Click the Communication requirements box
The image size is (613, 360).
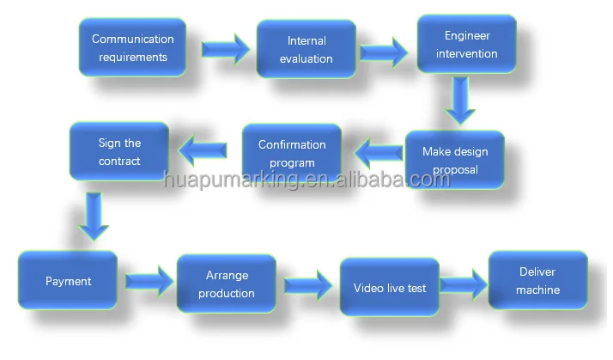pyautogui.click(x=132, y=48)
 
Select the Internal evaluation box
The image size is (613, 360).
pyautogui.click(x=306, y=49)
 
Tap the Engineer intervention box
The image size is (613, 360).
pyautogui.click(x=466, y=44)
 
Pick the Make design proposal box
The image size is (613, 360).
pyautogui.click(x=454, y=160)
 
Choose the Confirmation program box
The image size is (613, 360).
pyautogui.click(x=292, y=154)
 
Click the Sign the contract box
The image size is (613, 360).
pyautogui.click(x=118, y=152)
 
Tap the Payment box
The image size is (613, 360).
pyautogui.click(x=68, y=281)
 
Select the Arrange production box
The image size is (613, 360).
pyautogui.click(x=226, y=284)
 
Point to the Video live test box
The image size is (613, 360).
pyautogui.click(x=390, y=287)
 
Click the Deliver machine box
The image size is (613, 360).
pyautogui.click(x=537, y=281)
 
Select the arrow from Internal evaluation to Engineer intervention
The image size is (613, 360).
pyautogui.click(x=384, y=51)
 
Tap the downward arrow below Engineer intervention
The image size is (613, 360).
pyautogui.click(x=461, y=101)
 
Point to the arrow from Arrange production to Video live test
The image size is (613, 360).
pyautogui.click(x=307, y=284)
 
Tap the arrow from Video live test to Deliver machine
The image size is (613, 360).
pyautogui.click(x=464, y=284)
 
